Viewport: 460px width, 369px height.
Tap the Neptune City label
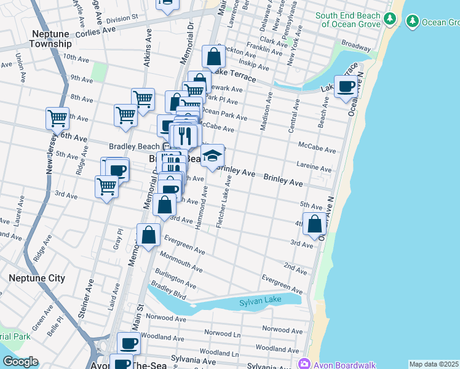(37, 278)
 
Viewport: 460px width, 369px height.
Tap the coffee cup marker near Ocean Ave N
(346, 87)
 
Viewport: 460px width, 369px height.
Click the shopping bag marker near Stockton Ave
(213, 57)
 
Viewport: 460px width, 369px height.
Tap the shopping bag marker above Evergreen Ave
(149, 235)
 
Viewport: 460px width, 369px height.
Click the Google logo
(20, 362)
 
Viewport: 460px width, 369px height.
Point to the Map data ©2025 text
(434, 364)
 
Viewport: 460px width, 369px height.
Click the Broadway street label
(355, 46)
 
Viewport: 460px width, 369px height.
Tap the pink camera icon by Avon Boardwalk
(304, 364)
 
